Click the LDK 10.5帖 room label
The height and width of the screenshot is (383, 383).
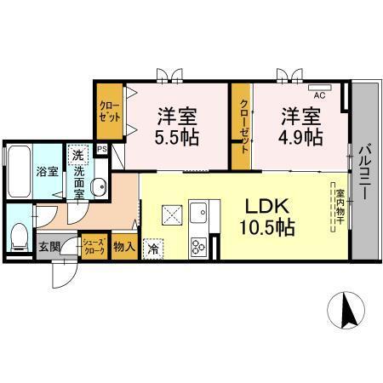click(x=267, y=217)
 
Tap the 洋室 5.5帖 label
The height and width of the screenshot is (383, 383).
click(x=177, y=127)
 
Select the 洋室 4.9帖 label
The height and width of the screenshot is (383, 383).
click(x=300, y=127)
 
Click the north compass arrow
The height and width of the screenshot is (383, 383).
click(x=350, y=312)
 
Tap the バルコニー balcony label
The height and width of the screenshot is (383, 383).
click(x=364, y=172)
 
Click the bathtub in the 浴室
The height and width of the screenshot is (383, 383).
click(x=20, y=171)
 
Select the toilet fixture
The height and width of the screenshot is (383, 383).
click(x=20, y=237)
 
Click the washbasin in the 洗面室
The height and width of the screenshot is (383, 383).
click(x=98, y=186)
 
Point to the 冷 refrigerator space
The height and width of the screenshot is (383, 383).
click(x=153, y=249)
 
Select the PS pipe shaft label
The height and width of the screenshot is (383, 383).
click(x=102, y=149)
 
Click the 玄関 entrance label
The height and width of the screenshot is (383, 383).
click(x=49, y=247)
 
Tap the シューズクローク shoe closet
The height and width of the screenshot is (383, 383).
click(x=94, y=247)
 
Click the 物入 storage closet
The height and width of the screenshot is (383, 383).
click(x=124, y=247)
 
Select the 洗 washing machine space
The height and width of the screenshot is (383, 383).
click(x=77, y=155)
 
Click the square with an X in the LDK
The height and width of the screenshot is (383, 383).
click(x=172, y=215)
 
